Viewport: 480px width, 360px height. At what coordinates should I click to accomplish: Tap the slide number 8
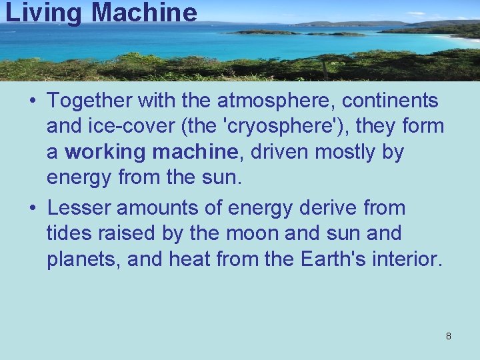point(448,336)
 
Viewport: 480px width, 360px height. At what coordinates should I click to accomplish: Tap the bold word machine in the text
point(195,152)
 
